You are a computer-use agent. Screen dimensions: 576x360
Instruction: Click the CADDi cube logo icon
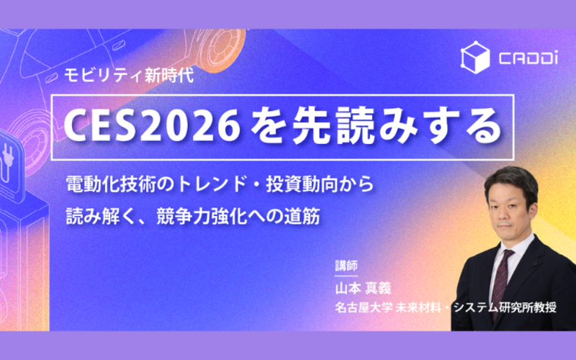tap(475, 58)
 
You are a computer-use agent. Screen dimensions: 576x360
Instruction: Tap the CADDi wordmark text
tap(528, 58)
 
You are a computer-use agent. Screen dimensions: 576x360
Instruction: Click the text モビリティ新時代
tap(129, 76)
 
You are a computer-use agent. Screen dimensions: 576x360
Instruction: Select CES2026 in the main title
tap(152, 127)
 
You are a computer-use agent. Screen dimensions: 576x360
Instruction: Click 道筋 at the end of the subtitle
tap(302, 217)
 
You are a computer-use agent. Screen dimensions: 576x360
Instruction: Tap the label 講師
tap(346, 266)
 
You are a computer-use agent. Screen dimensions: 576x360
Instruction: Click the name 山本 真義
tap(363, 289)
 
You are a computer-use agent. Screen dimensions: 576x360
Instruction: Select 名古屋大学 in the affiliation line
tap(364, 307)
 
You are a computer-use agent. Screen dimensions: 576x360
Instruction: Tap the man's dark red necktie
tap(501, 280)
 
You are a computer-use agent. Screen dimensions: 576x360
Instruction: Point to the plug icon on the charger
tap(7, 163)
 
